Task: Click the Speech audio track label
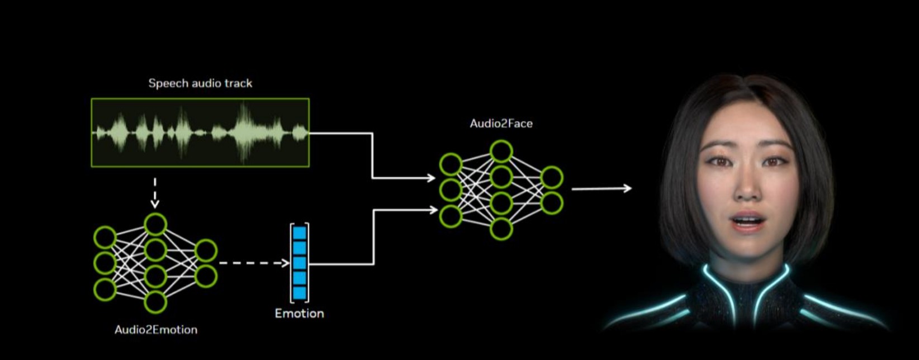[200, 83]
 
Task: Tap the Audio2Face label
[501, 124]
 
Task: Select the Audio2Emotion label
[156, 329]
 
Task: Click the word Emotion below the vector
[299, 313]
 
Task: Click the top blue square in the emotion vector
[300, 233]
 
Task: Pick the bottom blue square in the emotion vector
[300, 292]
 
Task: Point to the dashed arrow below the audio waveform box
[155, 193]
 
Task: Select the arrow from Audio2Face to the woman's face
[601, 188]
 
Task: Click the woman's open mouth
[747, 221]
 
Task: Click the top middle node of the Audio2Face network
[501, 151]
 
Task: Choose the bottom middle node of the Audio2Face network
[501, 229]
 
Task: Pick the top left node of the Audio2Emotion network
[105, 237]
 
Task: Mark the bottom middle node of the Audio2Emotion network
[155, 302]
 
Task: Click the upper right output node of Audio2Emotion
[206, 250]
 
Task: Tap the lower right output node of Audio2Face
[551, 203]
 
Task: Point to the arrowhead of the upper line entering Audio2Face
[431, 178]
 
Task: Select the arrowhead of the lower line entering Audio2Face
[433, 210]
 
